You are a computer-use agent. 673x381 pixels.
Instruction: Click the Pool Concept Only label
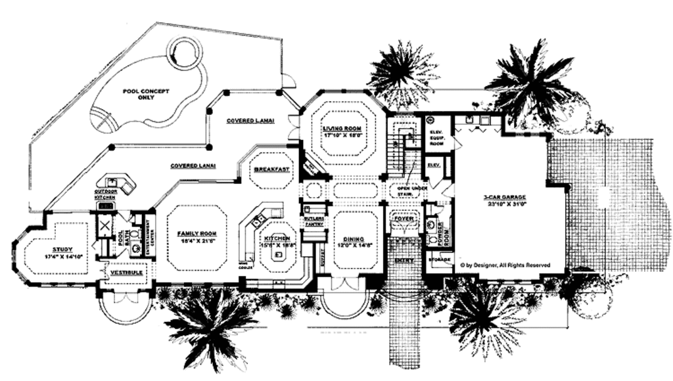[146, 94]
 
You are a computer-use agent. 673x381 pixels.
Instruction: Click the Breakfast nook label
[271, 169]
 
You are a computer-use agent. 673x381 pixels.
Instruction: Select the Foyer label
[403, 218]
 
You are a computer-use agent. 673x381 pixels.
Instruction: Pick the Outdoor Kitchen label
[106, 194]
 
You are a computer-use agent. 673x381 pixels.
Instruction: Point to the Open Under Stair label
[411, 190]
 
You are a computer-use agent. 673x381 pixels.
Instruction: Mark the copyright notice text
[504, 265]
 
